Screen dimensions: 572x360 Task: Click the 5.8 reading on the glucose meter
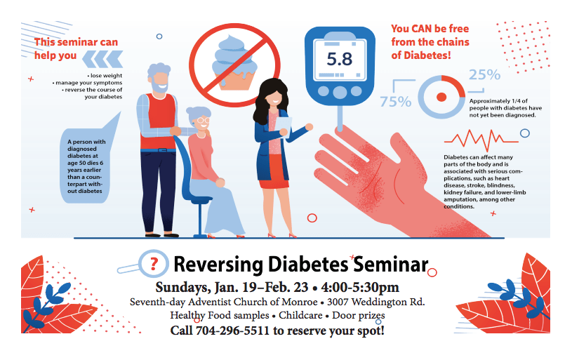[x=339, y=59]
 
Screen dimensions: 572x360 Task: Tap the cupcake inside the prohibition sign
[x=234, y=62]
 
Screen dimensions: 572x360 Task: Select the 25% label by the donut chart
[x=484, y=75]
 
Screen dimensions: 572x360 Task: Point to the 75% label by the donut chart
[x=395, y=101]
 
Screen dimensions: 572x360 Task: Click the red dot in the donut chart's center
[x=441, y=97]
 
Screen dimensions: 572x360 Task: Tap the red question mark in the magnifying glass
[x=154, y=263]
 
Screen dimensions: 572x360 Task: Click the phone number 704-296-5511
[x=232, y=331]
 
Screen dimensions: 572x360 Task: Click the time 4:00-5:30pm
[x=360, y=287]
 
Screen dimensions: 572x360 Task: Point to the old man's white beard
[x=159, y=87]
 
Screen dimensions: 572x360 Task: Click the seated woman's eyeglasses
[x=204, y=120]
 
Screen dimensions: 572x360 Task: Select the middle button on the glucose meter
[x=340, y=91]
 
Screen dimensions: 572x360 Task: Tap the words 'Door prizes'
[x=358, y=315]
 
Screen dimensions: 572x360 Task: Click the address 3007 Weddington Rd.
[x=375, y=302]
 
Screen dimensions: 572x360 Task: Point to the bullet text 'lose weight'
[x=105, y=76]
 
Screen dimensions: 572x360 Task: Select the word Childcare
[x=300, y=315]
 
